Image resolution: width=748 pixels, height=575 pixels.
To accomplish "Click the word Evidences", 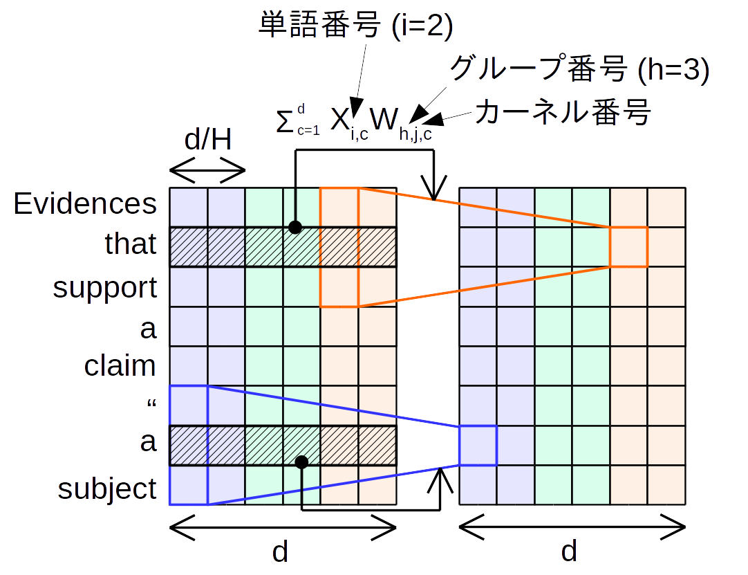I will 86,204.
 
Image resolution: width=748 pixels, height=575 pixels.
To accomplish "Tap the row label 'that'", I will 131,244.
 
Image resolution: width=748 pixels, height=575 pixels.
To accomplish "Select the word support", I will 105,288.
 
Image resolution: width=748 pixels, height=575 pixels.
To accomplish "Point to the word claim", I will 120,365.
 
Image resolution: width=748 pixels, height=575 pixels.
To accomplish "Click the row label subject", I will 107,489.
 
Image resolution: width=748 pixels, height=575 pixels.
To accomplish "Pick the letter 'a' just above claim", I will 148,329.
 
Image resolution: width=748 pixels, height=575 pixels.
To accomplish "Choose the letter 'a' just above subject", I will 148,441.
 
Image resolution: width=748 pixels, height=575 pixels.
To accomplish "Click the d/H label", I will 207,140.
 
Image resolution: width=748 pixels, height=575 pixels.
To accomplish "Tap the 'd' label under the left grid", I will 279,552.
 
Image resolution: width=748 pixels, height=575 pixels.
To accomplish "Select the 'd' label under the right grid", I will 568,552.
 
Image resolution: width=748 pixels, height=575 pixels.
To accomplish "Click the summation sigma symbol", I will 283,122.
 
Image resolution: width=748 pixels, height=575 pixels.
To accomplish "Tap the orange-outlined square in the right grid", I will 628,246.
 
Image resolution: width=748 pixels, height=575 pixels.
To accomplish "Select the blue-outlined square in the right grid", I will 478,445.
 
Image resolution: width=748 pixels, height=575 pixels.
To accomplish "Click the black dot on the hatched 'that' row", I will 295,226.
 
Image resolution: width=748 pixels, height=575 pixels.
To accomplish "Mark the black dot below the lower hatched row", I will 301,462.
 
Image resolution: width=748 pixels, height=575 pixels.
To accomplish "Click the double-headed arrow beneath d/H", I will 207,168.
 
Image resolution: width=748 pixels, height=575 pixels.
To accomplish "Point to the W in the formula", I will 382,120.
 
